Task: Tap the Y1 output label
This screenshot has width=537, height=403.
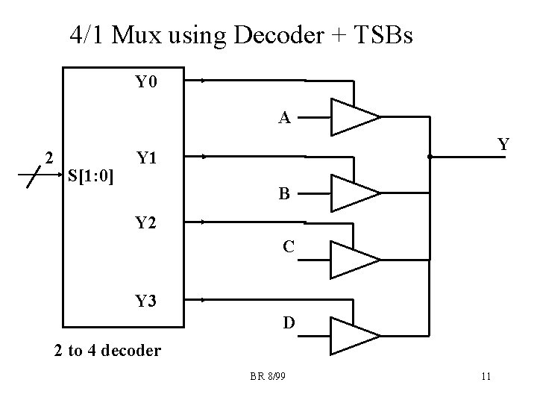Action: pos(146,158)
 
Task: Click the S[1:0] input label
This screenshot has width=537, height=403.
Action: pos(90,176)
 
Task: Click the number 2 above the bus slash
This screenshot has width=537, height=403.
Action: pos(48,157)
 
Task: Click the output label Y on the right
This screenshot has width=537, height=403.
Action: pos(503,145)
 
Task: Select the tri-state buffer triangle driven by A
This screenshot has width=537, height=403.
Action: pos(352,117)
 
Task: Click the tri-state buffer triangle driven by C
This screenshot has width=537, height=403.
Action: pos(352,259)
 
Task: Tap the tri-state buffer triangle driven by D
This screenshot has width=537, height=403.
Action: pos(352,336)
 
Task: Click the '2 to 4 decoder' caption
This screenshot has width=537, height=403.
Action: pos(107,350)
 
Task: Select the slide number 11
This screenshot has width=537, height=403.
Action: pos(486,376)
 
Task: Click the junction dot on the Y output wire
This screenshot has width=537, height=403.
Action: pos(430,157)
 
